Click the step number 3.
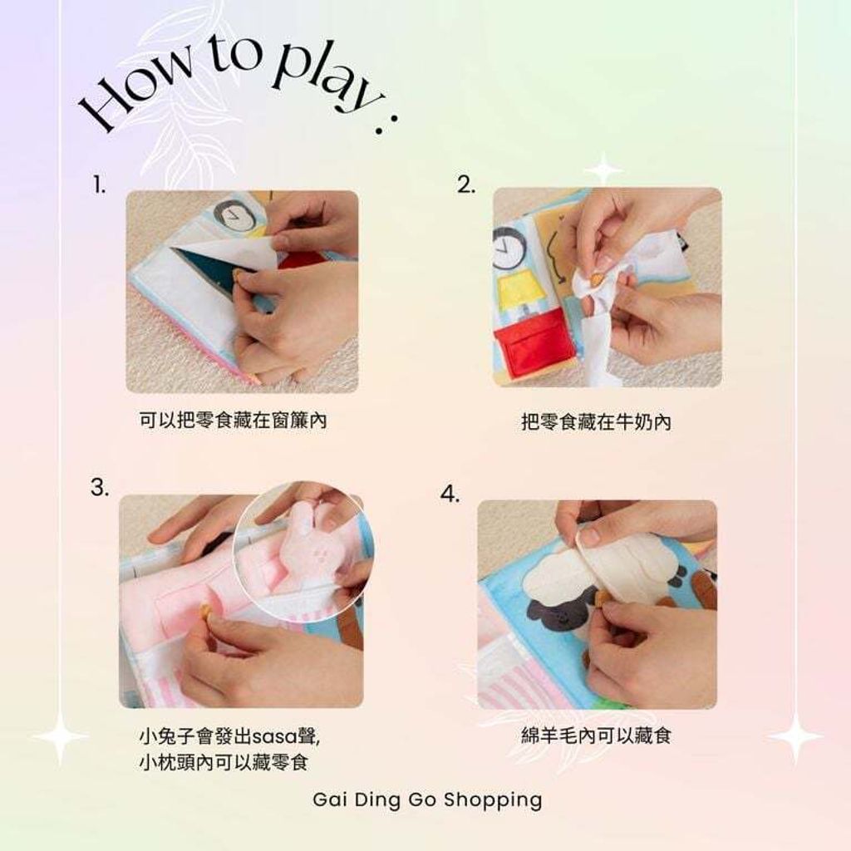point(99,488)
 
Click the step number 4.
point(450,494)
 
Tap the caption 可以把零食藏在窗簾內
point(233,421)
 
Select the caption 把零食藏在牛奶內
point(596,422)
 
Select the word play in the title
point(320,79)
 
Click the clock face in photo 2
point(508,248)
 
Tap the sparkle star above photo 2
point(603,170)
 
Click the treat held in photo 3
point(204,613)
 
